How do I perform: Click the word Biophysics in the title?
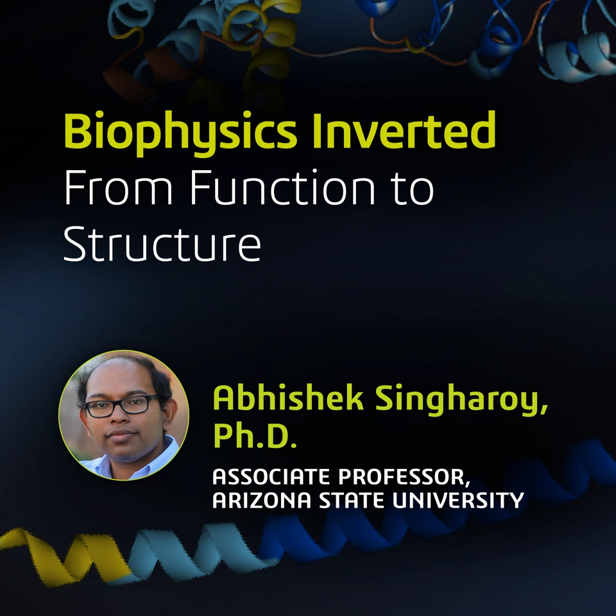click(180, 132)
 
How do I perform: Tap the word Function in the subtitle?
click(282, 187)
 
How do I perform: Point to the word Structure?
click(162, 244)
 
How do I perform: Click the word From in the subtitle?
click(118, 188)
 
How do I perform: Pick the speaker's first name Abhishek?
click(288, 398)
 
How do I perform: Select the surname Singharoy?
click(461, 400)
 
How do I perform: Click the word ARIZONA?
click(262, 500)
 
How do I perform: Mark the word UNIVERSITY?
click(458, 500)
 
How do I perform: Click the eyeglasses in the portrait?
click(123, 406)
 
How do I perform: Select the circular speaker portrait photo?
click(124, 415)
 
